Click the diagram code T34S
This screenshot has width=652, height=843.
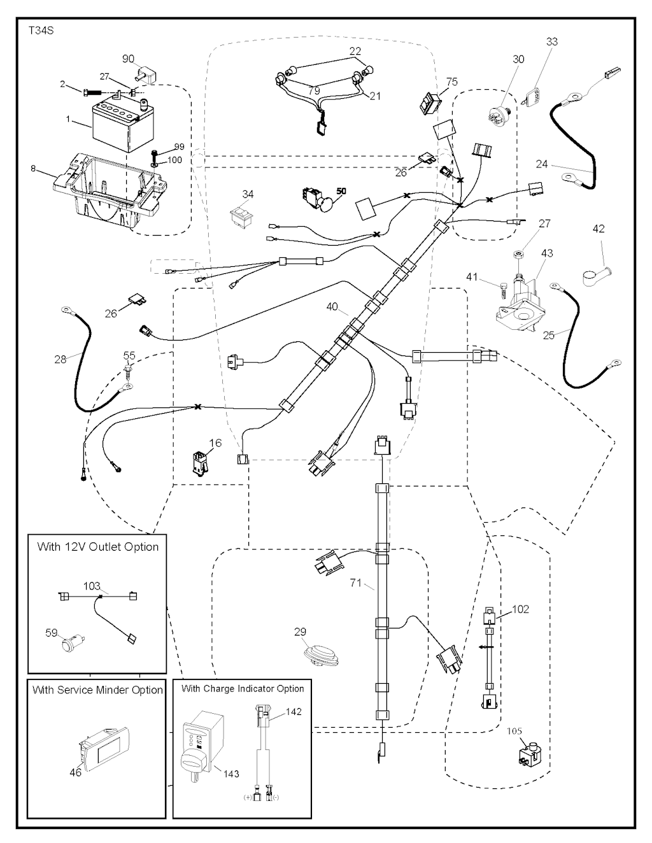pyautogui.click(x=40, y=30)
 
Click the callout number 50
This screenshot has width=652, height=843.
pyautogui.click(x=341, y=191)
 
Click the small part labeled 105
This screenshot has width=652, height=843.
pyautogui.click(x=530, y=755)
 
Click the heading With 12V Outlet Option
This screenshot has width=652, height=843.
pyautogui.click(x=97, y=547)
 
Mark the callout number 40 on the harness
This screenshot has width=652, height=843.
pyautogui.click(x=332, y=307)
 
